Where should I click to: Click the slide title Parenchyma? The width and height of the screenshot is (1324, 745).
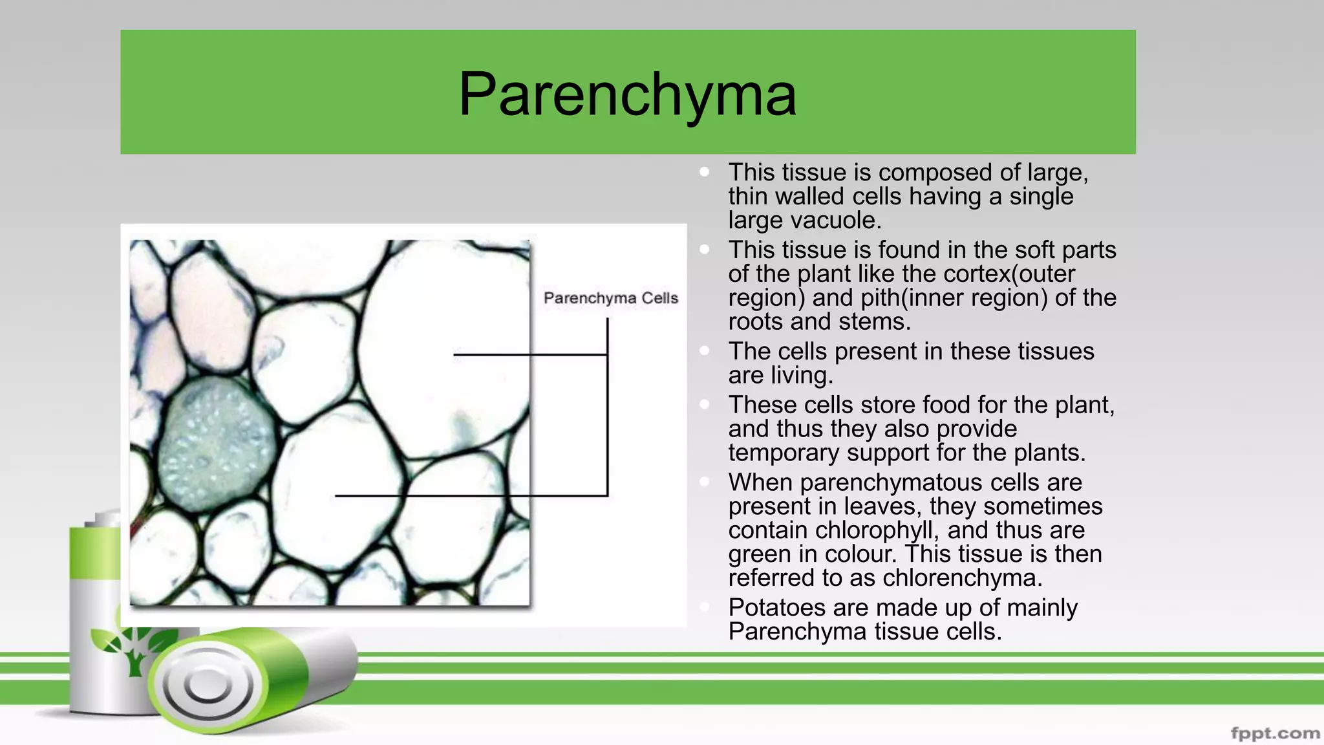pos(627,94)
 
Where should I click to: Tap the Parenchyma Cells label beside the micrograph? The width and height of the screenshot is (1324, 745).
pos(610,298)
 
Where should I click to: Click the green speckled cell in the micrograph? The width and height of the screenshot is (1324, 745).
pos(217,444)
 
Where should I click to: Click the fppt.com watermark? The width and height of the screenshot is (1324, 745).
pos(1275,733)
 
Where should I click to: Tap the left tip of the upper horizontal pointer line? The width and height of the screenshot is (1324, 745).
pos(455,354)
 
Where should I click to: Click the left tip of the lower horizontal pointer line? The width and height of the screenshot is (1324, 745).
pos(336,496)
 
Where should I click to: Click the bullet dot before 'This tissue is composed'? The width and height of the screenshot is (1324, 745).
pos(705,172)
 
